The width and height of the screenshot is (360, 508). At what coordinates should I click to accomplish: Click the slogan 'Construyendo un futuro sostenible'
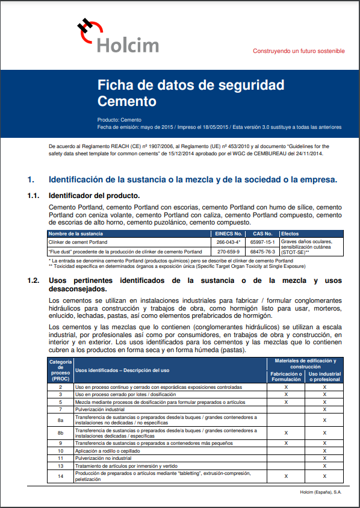299,51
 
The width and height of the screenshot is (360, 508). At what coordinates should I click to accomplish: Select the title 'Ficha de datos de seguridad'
191,85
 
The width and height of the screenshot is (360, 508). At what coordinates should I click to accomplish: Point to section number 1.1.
33,196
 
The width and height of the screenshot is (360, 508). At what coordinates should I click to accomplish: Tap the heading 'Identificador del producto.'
94,196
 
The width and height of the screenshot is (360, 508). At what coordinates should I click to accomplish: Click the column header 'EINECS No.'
229,234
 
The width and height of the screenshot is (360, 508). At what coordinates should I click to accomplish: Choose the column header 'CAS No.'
262,234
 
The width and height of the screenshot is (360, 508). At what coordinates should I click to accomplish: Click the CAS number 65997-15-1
262,242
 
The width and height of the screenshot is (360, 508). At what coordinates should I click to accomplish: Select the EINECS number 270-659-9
229,252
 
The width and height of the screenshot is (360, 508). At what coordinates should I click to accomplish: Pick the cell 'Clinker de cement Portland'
78,242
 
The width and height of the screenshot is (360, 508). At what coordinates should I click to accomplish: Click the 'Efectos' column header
290,234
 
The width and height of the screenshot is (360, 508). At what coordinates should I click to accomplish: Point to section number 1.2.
33,280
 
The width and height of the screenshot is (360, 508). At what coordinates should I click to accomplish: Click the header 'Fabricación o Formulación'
286,376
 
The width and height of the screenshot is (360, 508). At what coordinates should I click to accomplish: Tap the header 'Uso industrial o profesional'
324,376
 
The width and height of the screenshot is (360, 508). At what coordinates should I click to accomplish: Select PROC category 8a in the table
60,420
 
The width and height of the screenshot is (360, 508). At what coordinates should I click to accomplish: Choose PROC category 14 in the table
60,476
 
